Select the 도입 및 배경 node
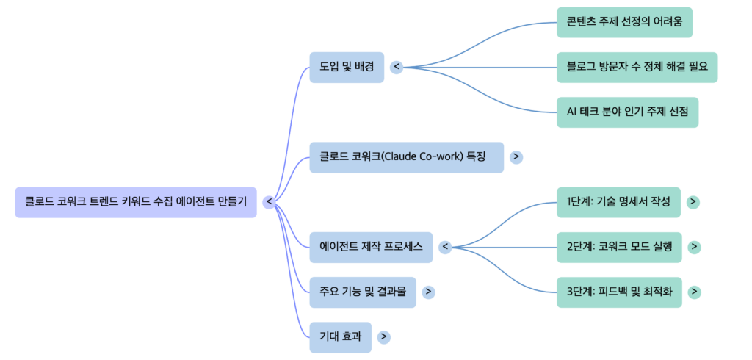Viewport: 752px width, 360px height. [x=346, y=67]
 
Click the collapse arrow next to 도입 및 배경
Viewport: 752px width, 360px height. [x=397, y=67]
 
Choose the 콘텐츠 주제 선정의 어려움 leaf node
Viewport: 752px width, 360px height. [x=624, y=22]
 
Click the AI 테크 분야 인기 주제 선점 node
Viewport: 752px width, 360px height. [x=627, y=112]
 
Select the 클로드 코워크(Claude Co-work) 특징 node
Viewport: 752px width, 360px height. [x=406, y=157]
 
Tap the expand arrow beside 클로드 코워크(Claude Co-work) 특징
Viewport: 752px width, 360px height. [x=516, y=157]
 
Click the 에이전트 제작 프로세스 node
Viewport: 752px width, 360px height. [x=371, y=247]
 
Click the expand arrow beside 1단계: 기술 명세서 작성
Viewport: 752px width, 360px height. [x=693, y=202]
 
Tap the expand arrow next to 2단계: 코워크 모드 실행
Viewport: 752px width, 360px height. [x=694, y=247]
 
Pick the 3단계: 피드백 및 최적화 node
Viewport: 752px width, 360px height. [x=619, y=292]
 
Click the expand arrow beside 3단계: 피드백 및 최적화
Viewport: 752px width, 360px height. [x=694, y=292]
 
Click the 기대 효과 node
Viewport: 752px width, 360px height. [x=340, y=336]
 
